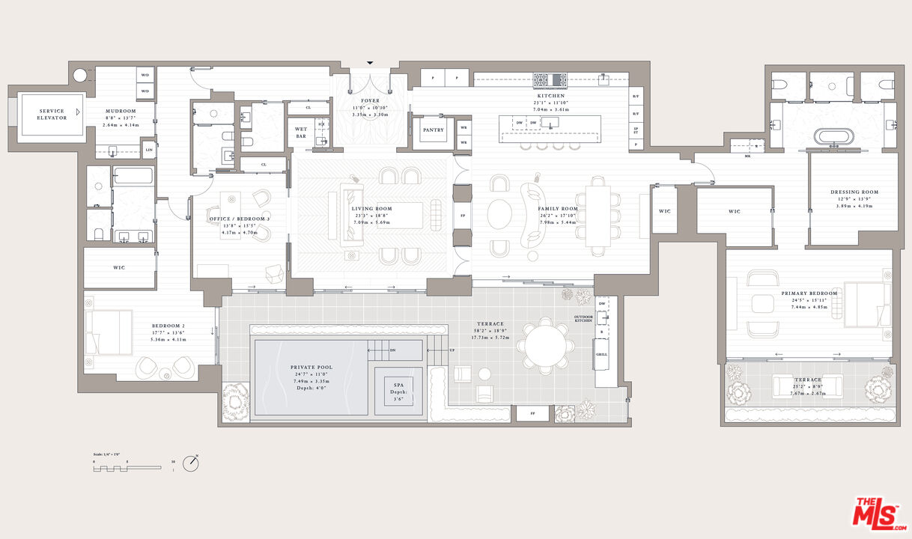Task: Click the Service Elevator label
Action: pos(52,114)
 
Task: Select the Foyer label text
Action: pos(370,100)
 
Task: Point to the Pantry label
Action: pos(433,130)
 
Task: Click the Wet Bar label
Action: pos(300,133)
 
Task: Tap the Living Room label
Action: pos(373,209)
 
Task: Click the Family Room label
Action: pos(559,209)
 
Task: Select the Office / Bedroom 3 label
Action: pos(240,218)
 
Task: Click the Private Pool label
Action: pos(311,367)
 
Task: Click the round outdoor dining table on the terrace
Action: pos(547,346)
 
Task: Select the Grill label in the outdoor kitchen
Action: pos(601,353)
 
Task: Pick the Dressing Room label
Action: pos(854,192)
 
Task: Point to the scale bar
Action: pos(127,466)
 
